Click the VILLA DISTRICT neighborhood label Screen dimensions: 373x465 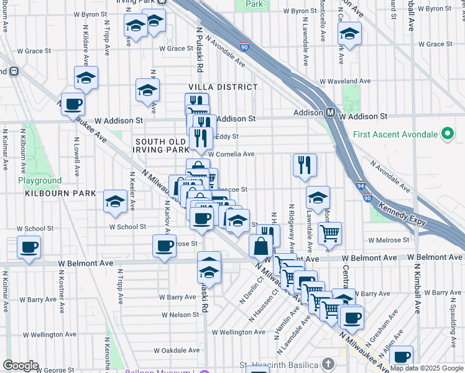[223, 88]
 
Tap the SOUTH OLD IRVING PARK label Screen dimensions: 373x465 [162, 146]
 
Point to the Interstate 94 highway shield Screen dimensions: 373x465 [362, 185]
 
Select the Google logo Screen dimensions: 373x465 [21, 366]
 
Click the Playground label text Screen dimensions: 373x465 [40, 181]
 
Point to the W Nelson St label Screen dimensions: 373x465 [180, 315]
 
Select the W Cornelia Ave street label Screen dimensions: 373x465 [231, 154]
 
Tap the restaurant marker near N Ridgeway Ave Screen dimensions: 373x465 [305, 165]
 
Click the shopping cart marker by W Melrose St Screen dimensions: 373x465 [329, 234]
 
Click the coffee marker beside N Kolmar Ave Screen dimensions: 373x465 [29, 247]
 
